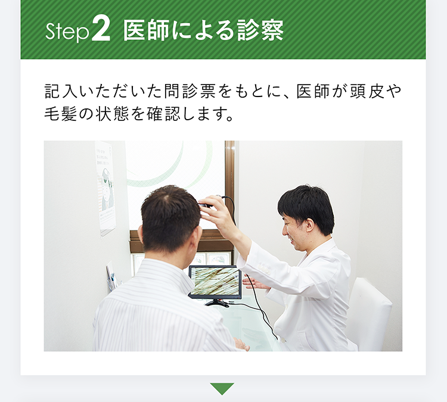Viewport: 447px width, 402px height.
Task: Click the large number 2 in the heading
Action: tap(101, 30)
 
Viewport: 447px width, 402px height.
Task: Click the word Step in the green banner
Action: tap(67, 31)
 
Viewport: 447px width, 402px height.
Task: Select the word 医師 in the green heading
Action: tap(147, 30)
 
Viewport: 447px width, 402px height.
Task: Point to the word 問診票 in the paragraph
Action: tap(190, 91)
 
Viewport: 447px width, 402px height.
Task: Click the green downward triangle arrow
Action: tap(222, 389)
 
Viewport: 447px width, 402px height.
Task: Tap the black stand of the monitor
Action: tap(217, 303)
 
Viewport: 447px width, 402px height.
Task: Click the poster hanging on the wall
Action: tap(105, 188)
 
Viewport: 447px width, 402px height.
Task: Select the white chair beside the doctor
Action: tap(368, 314)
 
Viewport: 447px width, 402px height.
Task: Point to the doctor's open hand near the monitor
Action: tap(256, 283)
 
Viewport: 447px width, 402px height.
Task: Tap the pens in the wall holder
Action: tap(112, 279)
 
